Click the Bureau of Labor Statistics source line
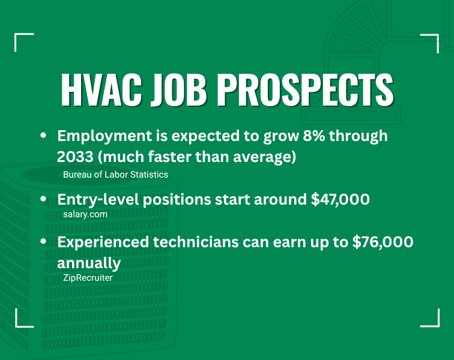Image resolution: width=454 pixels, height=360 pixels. click(115, 175)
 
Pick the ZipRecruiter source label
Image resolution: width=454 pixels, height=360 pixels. click(88, 278)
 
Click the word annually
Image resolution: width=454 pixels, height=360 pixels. click(89, 263)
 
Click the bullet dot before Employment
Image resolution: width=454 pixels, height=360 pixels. click(43, 136)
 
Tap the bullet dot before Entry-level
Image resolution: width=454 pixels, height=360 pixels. click(43, 199)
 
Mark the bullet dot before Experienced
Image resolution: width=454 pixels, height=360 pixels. click(43, 242)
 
